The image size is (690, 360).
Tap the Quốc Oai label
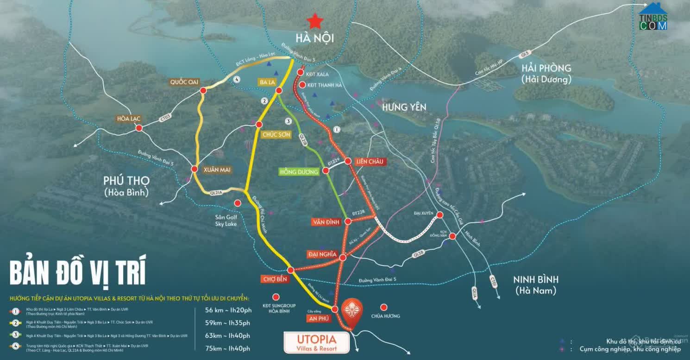click(184, 82)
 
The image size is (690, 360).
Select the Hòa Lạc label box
click(129, 119)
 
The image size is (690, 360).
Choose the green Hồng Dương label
click(299, 172)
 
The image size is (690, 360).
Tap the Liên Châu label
click(370, 161)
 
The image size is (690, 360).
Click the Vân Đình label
click(326, 222)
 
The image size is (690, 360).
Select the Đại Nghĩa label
click(322, 254)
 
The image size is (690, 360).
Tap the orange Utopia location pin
click(352, 311)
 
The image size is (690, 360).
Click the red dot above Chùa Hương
click(383, 307)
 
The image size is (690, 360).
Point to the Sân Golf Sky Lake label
click(226, 221)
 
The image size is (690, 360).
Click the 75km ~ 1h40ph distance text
click(227, 348)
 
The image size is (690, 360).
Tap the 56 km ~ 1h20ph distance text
click(227, 310)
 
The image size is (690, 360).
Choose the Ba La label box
click(267, 82)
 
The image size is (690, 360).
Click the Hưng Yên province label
click(404, 107)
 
